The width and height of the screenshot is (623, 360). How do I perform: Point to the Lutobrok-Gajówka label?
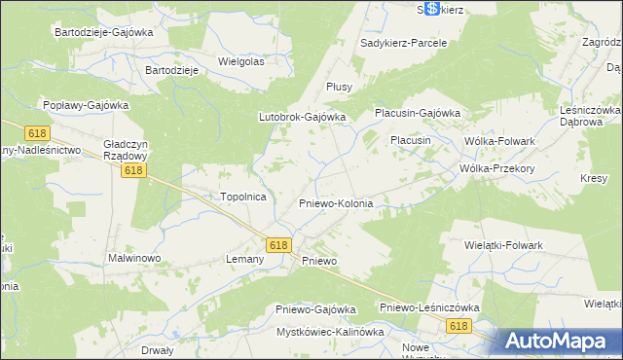[x=302, y=117]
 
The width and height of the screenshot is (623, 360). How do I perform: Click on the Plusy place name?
[x=339, y=87]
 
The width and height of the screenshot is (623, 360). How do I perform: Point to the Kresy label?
[x=594, y=179]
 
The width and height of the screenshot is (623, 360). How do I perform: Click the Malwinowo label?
[x=134, y=260]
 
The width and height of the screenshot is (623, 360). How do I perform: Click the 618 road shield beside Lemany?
[x=278, y=246]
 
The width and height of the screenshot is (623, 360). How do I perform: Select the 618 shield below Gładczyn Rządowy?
[x=135, y=171]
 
